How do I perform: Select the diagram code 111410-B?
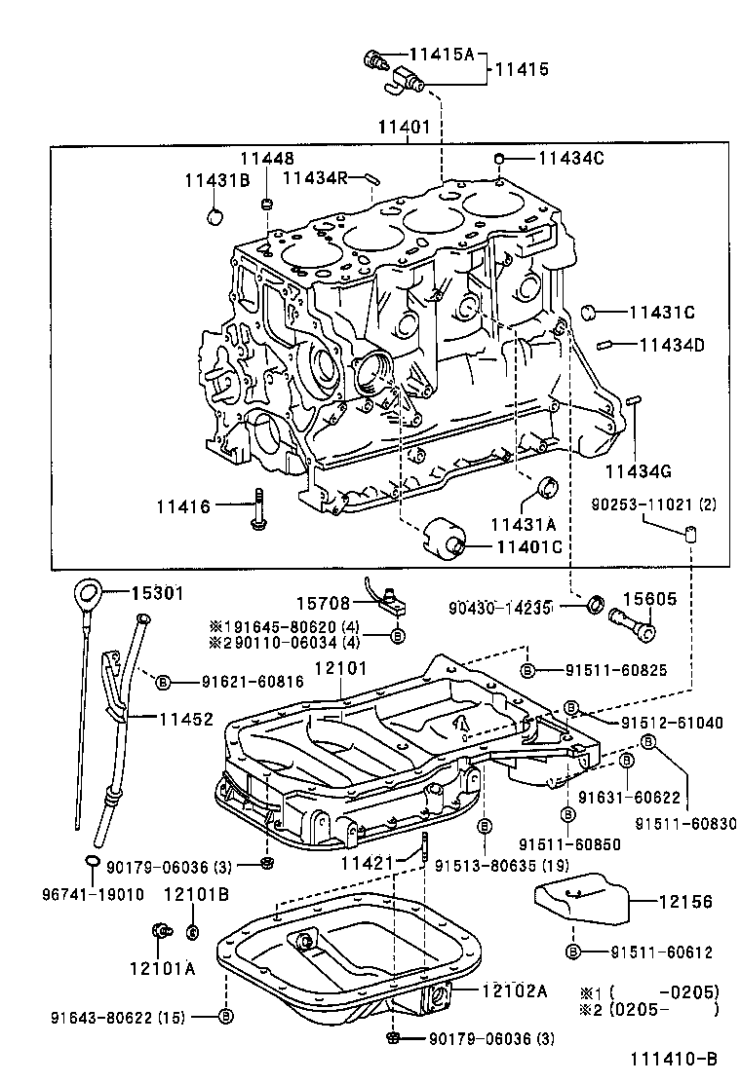pyautogui.click(x=674, y=1058)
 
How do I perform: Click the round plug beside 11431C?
pyautogui.click(x=589, y=312)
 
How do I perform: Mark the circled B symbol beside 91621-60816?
pyautogui.click(x=163, y=682)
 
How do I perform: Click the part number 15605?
pyautogui.click(x=649, y=600)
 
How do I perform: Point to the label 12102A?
pyautogui.click(x=514, y=990)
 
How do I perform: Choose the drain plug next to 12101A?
pyautogui.click(x=159, y=932)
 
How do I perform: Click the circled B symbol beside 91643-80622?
pyautogui.click(x=226, y=1016)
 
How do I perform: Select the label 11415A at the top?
pyautogui.click(x=441, y=56)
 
